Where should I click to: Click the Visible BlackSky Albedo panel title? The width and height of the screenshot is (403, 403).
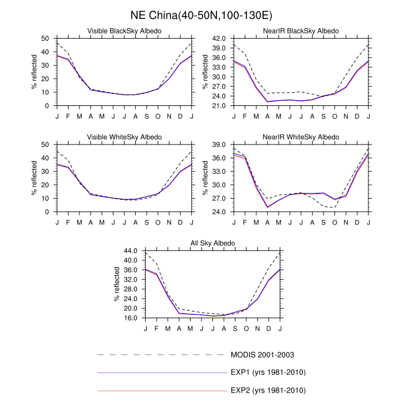pos(124,31)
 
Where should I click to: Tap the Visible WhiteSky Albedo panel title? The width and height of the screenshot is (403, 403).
pos(124,137)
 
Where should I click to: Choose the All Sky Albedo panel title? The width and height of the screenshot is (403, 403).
pos(212,244)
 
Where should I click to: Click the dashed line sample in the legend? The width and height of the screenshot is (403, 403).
pos(162,354)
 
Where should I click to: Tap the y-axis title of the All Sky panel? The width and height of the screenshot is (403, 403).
pos(116,285)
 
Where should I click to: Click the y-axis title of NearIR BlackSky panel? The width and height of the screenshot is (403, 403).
pos(205,72)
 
